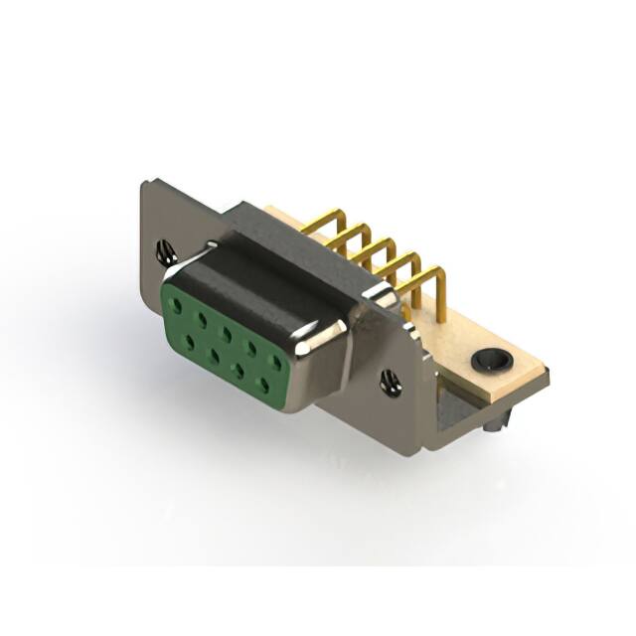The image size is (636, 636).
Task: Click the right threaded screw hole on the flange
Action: click(391, 382)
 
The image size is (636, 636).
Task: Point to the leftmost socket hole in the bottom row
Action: click(189, 339)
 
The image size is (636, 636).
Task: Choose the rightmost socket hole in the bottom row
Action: click(264, 383)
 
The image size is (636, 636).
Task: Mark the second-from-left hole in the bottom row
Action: click(213, 353)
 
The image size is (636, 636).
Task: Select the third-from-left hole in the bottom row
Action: click(238, 368)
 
